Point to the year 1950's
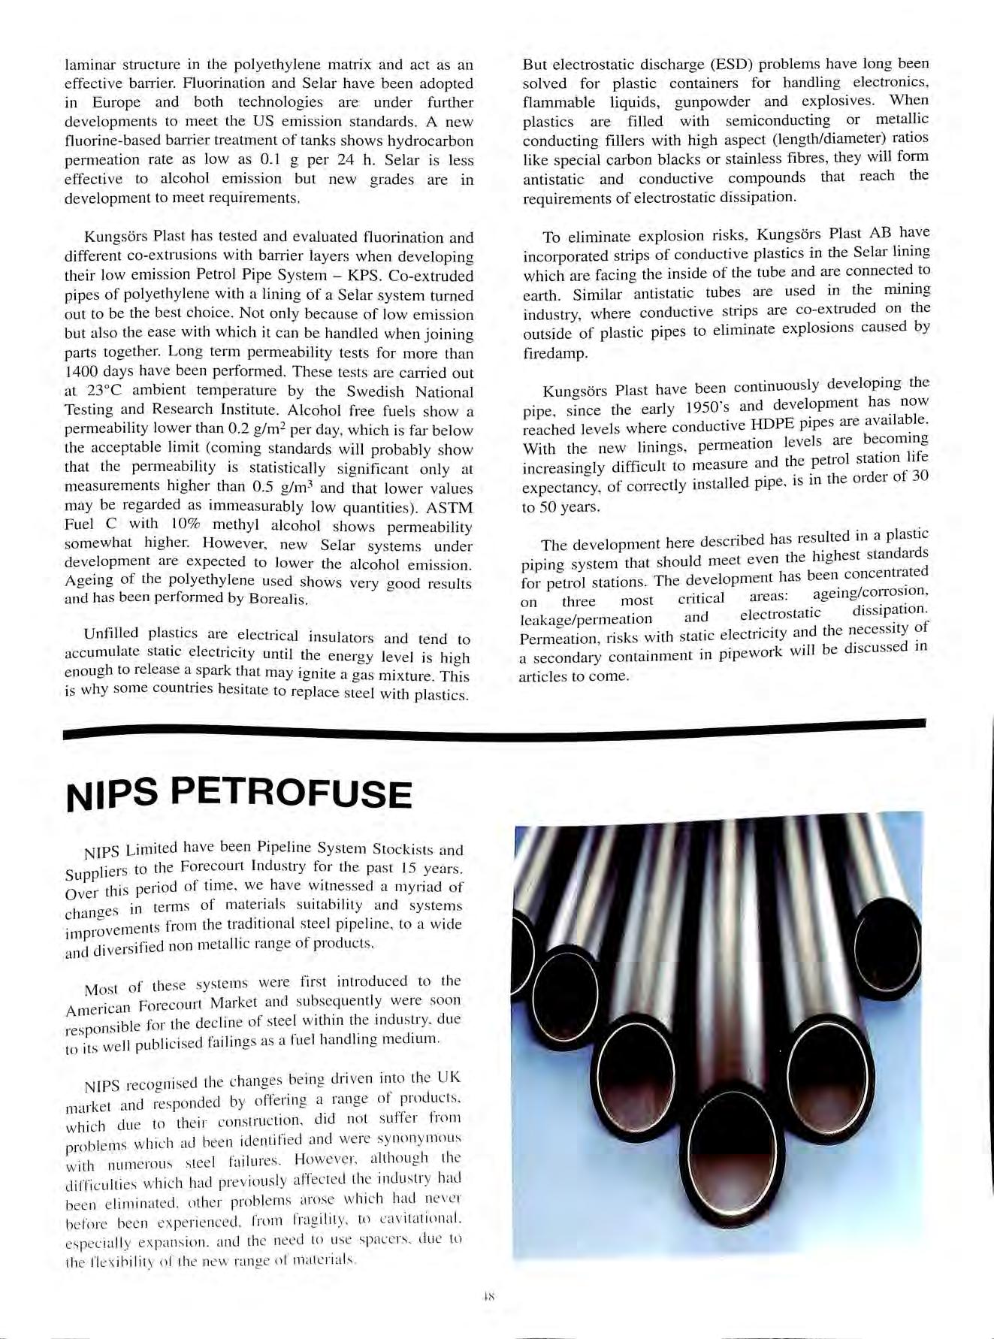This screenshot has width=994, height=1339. click(x=715, y=408)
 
